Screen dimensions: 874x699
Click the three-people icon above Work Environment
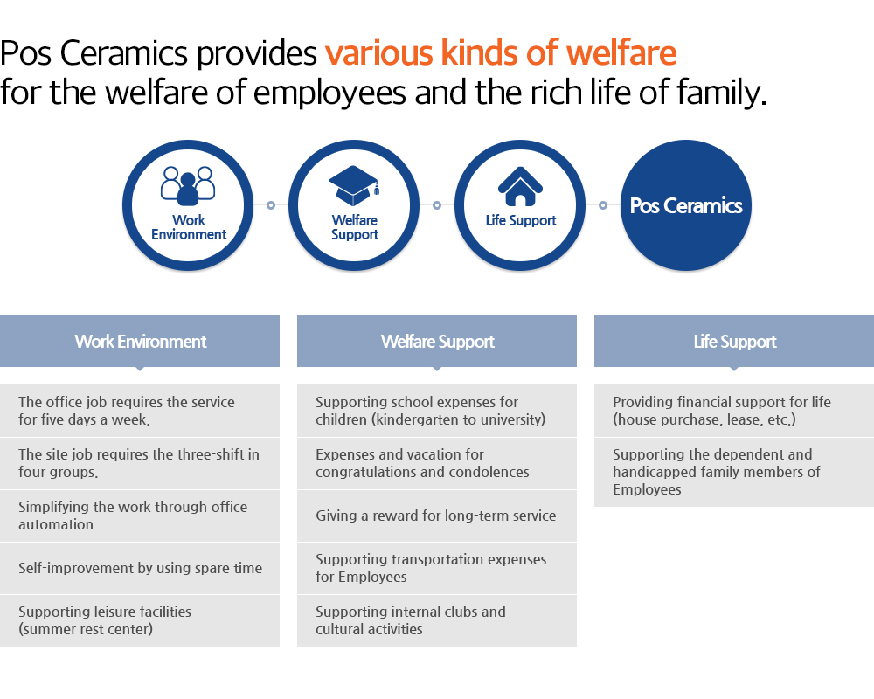click(188, 185)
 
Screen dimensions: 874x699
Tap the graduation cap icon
click(354, 185)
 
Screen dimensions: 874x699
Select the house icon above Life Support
click(520, 187)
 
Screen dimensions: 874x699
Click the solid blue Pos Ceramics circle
click(685, 205)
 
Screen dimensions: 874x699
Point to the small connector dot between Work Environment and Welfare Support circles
click(271, 205)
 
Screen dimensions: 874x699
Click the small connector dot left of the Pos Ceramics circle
click(602, 205)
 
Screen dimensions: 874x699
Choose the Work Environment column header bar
click(140, 341)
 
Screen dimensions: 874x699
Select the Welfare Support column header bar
click(437, 341)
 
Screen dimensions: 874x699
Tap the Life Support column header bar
click(734, 341)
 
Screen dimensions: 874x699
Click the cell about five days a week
click(140, 411)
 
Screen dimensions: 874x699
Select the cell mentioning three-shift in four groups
click(140, 463)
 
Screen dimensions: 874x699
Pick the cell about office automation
click(140, 516)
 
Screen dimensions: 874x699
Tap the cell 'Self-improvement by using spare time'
click(140, 568)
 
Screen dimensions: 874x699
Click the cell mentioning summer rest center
click(140, 620)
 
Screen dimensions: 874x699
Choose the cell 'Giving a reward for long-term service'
click(437, 516)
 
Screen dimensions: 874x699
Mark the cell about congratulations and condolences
click(437, 463)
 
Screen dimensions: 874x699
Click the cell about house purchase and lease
click(734, 411)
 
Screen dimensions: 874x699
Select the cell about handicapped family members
click(734, 472)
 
